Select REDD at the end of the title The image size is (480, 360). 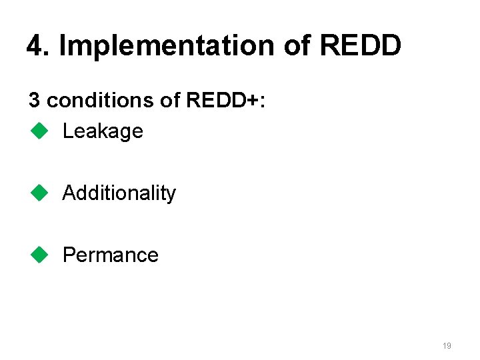tap(361, 45)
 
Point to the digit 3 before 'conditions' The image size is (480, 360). tap(34, 100)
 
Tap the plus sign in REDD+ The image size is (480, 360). tap(255, 101)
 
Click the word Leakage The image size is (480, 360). tap(103, 131)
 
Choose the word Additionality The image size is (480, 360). tap(119, 193)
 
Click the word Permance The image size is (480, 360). tap(111, 255)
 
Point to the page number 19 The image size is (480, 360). tap(447, 346)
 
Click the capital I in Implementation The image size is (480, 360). tap(63, 45)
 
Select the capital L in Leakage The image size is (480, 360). tap(67, 131)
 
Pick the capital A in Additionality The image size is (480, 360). tap(69, 193)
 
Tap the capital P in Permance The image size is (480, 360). tap(68, 255)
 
